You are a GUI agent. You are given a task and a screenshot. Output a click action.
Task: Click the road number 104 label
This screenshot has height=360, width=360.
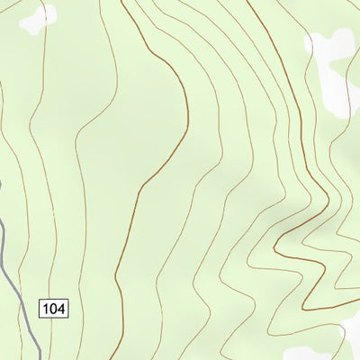(54, 309)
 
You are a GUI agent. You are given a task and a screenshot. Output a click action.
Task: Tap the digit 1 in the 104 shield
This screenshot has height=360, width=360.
(47, 309)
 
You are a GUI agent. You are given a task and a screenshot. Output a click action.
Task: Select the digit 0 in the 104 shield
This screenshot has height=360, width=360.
(54, 309)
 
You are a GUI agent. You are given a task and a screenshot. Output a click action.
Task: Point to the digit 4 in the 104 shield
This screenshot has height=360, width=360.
(61, 309)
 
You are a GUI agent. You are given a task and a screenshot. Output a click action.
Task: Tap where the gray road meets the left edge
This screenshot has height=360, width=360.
(1, 184)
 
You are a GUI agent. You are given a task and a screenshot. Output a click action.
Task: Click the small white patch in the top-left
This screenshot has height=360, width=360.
(38, 17)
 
